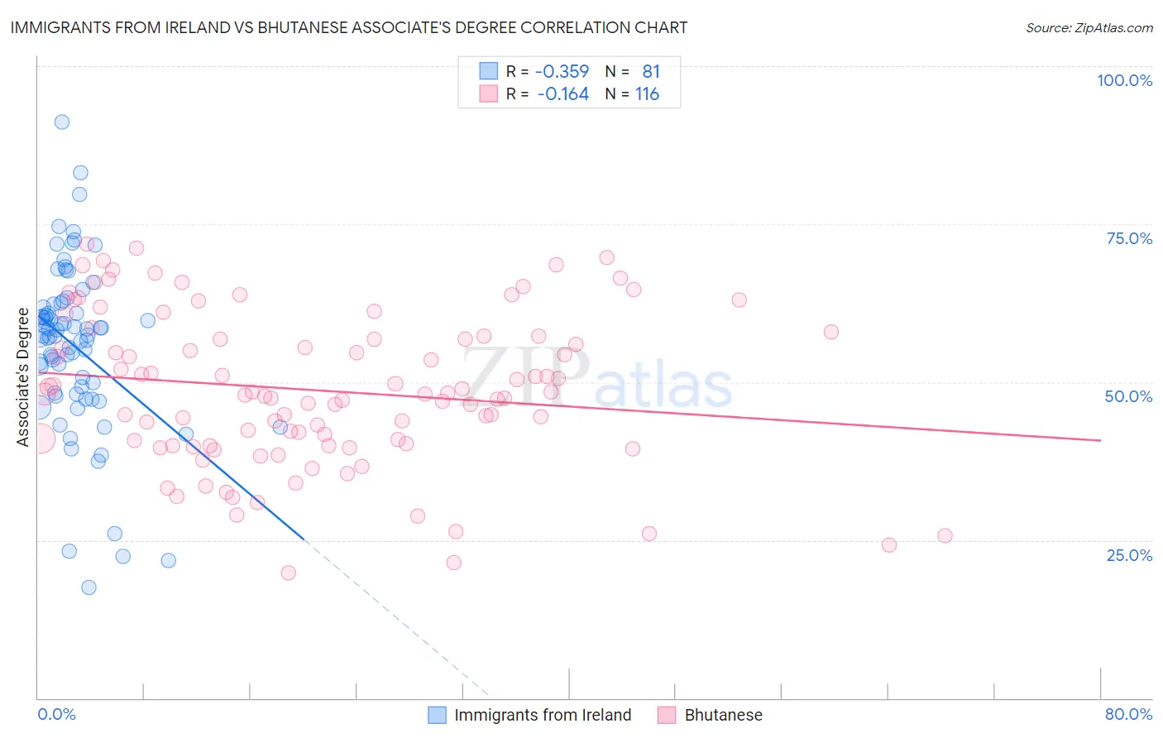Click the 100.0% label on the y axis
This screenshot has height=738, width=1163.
click(1124, 80)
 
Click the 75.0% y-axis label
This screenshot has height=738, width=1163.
click(1129, 238)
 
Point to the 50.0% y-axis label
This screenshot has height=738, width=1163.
click(1128, 396)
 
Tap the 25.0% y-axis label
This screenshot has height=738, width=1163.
click(1129, 555)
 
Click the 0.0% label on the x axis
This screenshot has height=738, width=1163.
click(56, 714)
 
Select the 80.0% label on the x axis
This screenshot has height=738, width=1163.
click(1128, 714)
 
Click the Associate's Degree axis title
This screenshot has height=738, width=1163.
click(23, 377)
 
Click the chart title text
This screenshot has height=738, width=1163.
click(348, 27)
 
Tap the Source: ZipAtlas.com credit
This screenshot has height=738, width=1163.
click(1089, 28)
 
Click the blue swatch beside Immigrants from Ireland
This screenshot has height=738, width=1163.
click(437, 715)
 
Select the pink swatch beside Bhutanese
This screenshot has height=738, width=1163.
click(667, 715)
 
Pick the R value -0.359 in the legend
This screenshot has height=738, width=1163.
click(562, 72)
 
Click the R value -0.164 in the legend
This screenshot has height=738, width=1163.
click(562, 94)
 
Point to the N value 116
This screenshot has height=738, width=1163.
click(647, 94)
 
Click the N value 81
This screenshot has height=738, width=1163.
click(651, 72)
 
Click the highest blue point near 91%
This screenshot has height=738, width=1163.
click(62, 122)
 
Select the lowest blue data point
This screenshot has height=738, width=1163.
click(89, 587)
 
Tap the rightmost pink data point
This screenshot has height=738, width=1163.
click(945, 535)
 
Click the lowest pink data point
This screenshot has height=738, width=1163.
click(289, 573)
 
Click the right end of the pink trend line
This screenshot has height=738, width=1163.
click(1100, 440)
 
